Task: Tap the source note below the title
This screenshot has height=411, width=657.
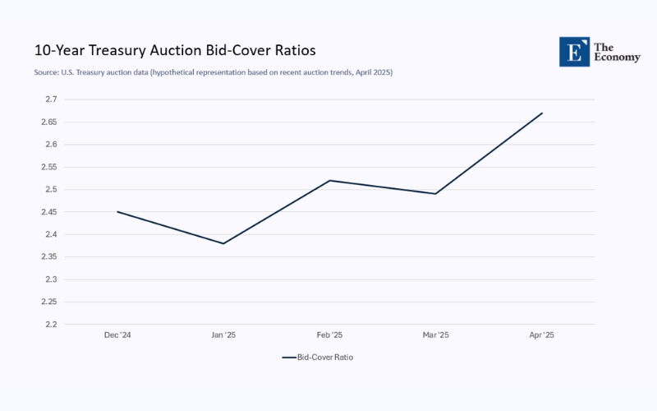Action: (214, 72)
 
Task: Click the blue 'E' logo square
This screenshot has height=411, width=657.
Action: (573, 51)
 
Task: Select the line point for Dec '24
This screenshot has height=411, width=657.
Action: (117, 212)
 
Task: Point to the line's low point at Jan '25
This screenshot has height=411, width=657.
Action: (223, 243)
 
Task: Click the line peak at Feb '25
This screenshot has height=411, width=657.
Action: (329, 180)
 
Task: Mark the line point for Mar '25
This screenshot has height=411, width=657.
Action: (435, 194)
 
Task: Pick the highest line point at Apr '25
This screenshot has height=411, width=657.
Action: (542, 113)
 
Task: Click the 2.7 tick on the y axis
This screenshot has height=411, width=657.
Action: (51, 99)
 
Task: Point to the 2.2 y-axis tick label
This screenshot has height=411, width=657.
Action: (51, 324)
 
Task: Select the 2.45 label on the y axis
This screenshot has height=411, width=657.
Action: (48, 212)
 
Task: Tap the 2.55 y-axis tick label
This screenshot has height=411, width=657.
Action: (48, 167)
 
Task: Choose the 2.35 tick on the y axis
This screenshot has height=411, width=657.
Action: (48, 256)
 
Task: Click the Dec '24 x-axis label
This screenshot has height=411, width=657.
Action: (117, 335)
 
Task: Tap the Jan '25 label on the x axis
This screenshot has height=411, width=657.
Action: (223, 335)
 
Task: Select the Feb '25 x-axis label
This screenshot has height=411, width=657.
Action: (329, 335)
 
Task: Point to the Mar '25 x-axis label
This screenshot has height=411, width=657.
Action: (435, 335)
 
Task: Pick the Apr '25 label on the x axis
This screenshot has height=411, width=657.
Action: (542, 335)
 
